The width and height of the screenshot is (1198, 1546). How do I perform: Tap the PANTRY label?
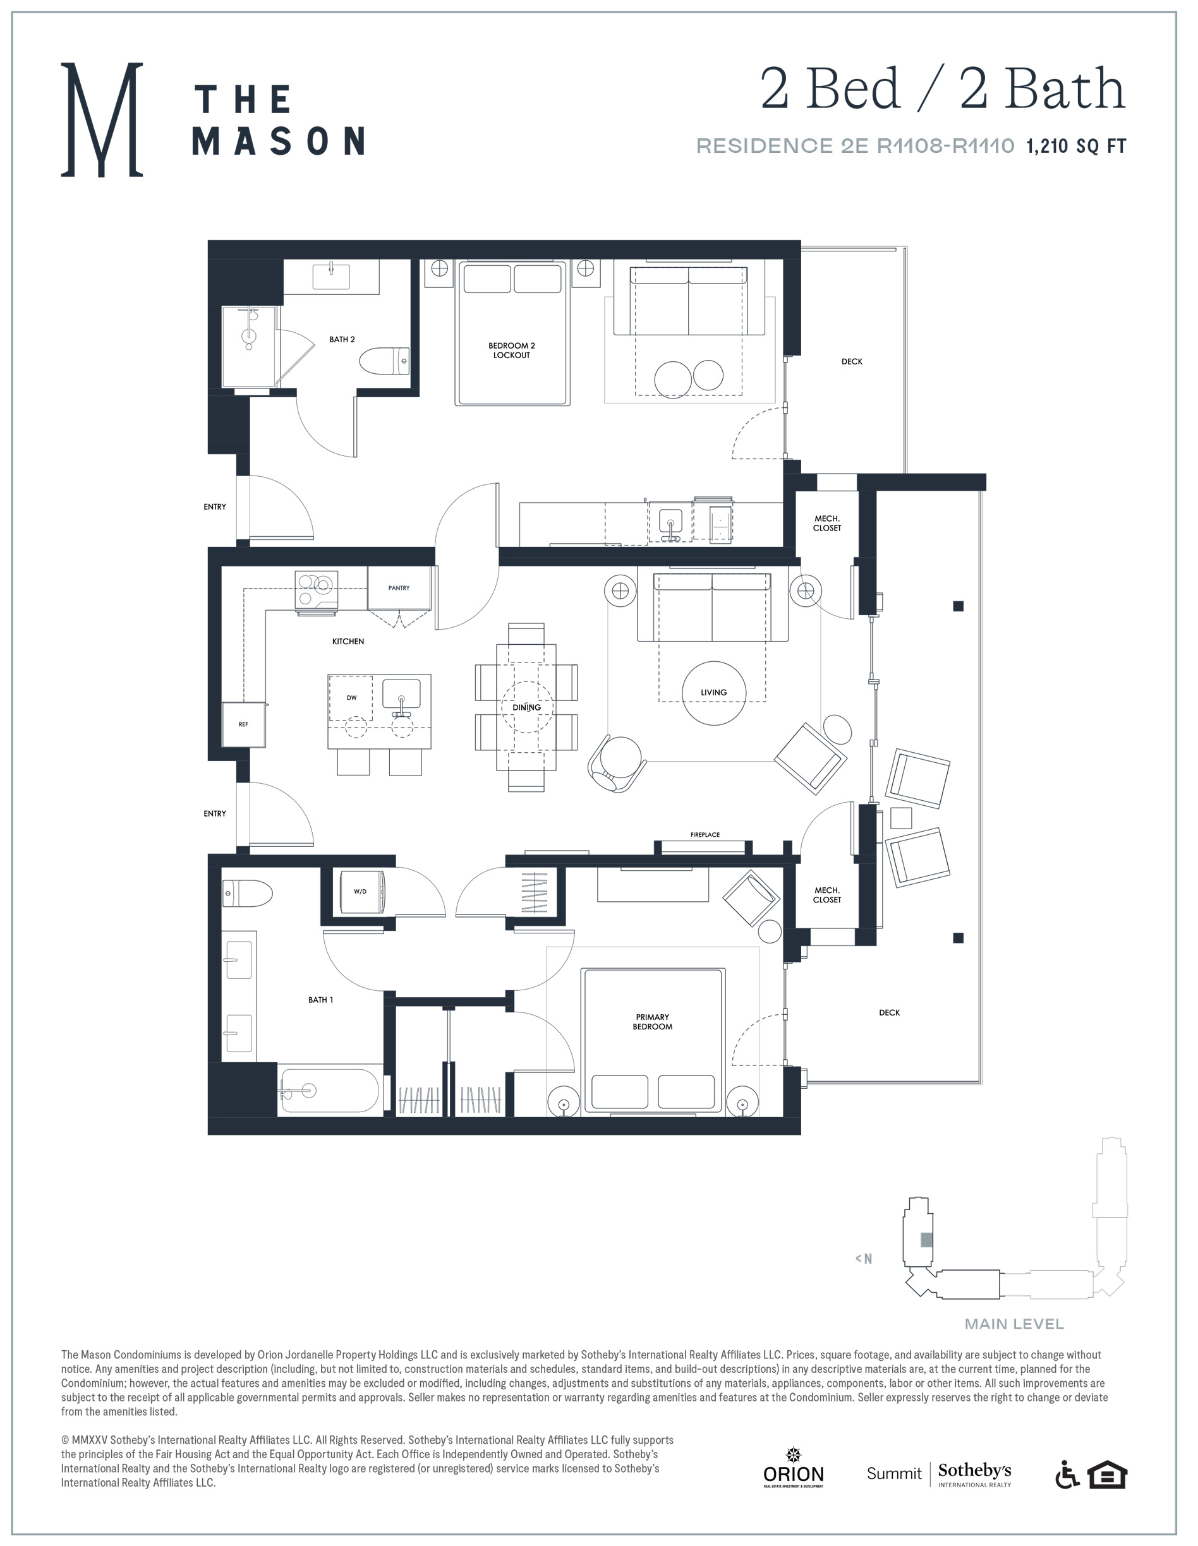pos(399,587)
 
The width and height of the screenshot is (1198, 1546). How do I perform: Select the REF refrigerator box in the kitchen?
pos(243,724)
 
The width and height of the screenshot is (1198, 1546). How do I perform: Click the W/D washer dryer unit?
pos(361,891)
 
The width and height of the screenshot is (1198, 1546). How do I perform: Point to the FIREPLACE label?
pos(705,835)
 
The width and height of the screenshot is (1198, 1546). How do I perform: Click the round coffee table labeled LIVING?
pos(714,692)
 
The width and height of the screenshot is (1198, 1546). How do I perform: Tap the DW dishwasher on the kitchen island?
pos(352,697)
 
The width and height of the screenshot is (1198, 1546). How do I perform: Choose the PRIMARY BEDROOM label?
pos(652,1021)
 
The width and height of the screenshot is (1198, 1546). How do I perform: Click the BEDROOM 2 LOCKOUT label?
pos(511,351)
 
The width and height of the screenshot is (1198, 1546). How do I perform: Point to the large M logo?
pos(102,119)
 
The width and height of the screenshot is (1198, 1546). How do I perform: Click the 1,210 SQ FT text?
pos(1075,146)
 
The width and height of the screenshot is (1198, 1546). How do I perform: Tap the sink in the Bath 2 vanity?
pos(331,277)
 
